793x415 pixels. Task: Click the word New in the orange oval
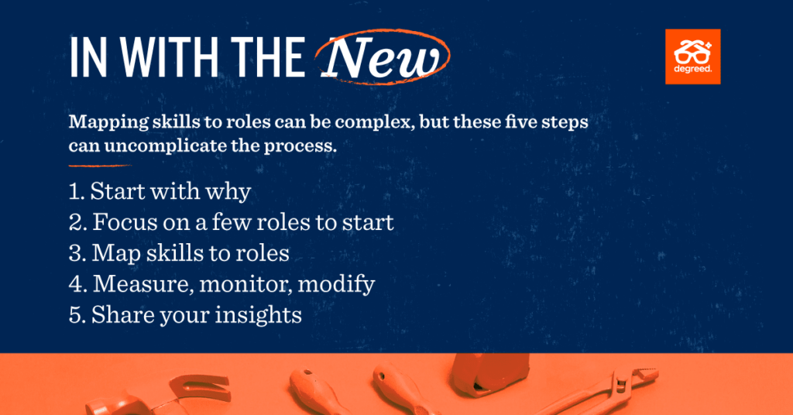pos(381,57)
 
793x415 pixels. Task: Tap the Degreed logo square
pos(693,57)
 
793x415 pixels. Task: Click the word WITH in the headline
pos(170,57)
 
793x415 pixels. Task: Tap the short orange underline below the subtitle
pos(100,165)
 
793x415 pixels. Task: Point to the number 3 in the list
pos(77,253)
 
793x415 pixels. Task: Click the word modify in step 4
pos(336,285)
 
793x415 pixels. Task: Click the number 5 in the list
pos(77,315)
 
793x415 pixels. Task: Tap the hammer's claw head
pos(200,388)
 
